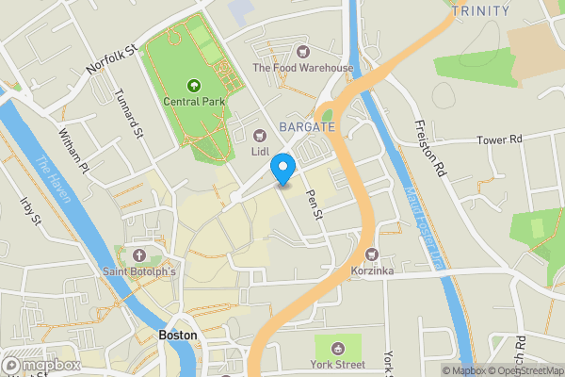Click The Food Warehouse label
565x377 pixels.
pyautogui.click(x=302, y=68)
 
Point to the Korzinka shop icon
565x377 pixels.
pyautogui.click(x=372, y=254)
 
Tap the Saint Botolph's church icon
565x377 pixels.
pyautogui.click(x=140, y=255)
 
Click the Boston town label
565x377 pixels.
pyautogui.click(x=178, y=335)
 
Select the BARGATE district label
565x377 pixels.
pyautogui.click(x=306, y=126)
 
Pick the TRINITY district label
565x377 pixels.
pyautogui.click(x=480, y=11)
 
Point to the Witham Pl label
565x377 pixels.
pyautogui.click(x=72, y=151)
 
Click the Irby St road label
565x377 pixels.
pyautogui.click(x=32, y=211)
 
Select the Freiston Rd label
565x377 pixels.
pyautogui.click(x=428, y=149)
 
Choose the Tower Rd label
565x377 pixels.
pyautogui.click(x=499, y=139)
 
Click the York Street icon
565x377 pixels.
pyautogui.click(x=338, y=345)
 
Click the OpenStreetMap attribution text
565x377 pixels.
pyautogui.click(x=527, y=370)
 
